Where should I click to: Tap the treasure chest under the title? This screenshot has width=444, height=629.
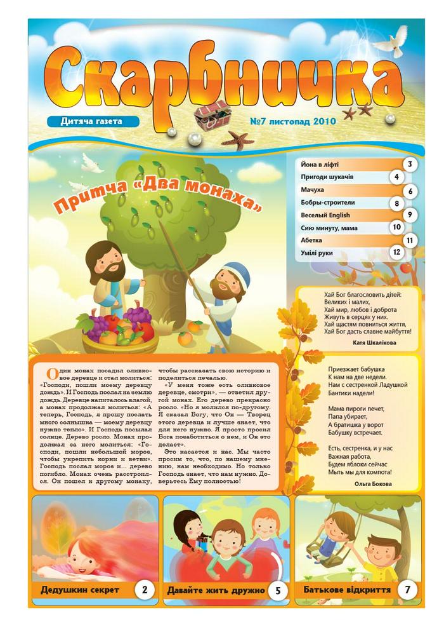[211, 114]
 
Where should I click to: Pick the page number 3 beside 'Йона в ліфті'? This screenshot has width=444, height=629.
[410, 165]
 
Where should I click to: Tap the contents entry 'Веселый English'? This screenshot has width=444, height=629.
[325, 215]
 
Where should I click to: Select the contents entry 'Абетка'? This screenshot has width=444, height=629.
[311, 240]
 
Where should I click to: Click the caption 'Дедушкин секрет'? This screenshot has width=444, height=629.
[80, 590]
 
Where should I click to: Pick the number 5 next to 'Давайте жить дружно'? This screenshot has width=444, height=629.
[278, 590]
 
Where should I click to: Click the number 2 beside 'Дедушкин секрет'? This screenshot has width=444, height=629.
[145, 590]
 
